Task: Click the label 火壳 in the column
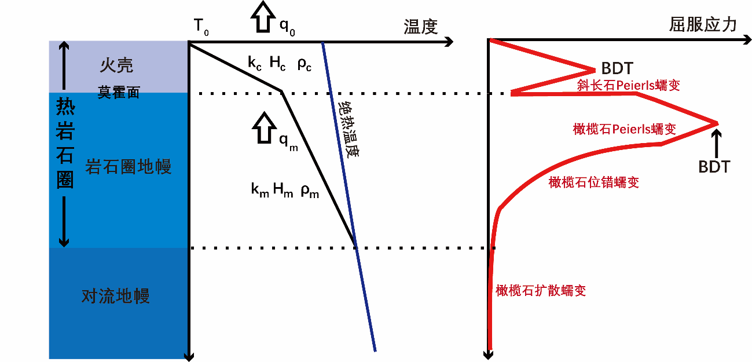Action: click(x=116, y=65)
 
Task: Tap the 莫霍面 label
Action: click(x=119, y=92)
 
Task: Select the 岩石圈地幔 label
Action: click(x=128, y=167)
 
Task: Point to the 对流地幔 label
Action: click(x=116, y=297)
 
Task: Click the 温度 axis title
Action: click(x=421, y=27)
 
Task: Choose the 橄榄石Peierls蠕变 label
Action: click(x=624, y=129)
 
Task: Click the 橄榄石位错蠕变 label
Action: click(x=593, y=182)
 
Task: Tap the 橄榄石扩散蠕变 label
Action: click(x=541, y=290)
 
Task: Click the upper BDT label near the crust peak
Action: click(x=617, y=68)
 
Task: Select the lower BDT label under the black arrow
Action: click(x=714, y=167)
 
